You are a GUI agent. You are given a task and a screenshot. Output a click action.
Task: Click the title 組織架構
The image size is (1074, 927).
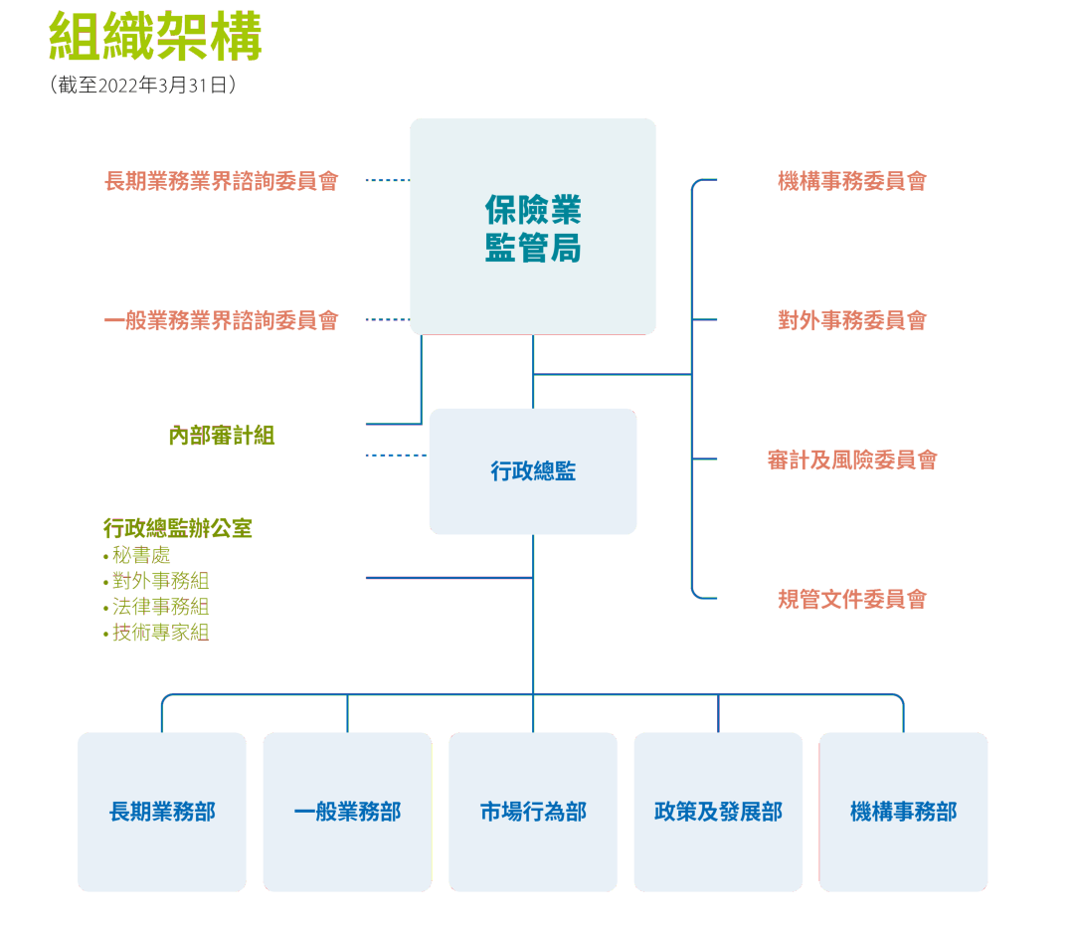pyautogui.click(x=155, y=38)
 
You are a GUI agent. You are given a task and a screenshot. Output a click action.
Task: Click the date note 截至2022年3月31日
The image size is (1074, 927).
pyautogui.click(x=142, y=86)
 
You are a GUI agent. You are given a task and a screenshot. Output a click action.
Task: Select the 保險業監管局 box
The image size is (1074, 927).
pyautogui.click(x=533, y=227)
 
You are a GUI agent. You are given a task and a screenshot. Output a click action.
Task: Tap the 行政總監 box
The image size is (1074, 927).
pyautogui.click(x=533, y=471)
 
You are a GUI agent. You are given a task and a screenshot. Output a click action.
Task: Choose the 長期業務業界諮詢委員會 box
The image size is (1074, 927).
pyautogui.click(x=222, y=181)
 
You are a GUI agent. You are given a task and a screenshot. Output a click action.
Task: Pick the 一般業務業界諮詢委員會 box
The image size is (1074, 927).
pyautogui.click(x=222, y=320)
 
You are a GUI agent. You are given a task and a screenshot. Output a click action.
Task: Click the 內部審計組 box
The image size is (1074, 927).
pyautogui.click(x=222, y=436)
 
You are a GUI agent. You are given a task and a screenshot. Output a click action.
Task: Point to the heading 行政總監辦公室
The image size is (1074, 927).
pyautogui.click(x=177, y=528)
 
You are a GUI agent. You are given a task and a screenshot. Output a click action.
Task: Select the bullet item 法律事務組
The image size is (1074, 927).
pyautogui.click(x=159, y=607)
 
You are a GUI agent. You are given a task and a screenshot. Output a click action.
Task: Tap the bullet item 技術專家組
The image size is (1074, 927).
pyautogui.click(x=159, y=633)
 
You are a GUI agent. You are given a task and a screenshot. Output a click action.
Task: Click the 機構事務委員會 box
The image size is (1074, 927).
pyautogui.click(x=852, y=181)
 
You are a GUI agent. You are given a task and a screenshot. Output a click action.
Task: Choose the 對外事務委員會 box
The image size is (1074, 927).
pyautogui.click(x=852, y=320)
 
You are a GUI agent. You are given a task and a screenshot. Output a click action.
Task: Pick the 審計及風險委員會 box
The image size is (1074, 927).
pyautogui.click(x=852, y=460)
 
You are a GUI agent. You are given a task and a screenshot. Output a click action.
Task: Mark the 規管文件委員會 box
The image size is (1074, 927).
pyautogui.click(x=852, y=599)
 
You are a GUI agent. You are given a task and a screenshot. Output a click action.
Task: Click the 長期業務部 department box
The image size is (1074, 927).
pyautogui.click(x=162, y=812)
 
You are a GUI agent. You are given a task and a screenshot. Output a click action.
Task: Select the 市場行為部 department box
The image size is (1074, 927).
pyautogui.click(x=533, y=812)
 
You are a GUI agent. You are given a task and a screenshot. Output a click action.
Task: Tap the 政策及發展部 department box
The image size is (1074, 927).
pyautogui.click(x=718, y=812)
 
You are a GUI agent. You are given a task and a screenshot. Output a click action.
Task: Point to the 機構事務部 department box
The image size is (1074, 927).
pyautogui.click(x=903, y=812)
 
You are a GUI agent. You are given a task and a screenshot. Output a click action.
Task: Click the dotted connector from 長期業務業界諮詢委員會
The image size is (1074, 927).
pyautogui.click(x=388, y=181)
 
